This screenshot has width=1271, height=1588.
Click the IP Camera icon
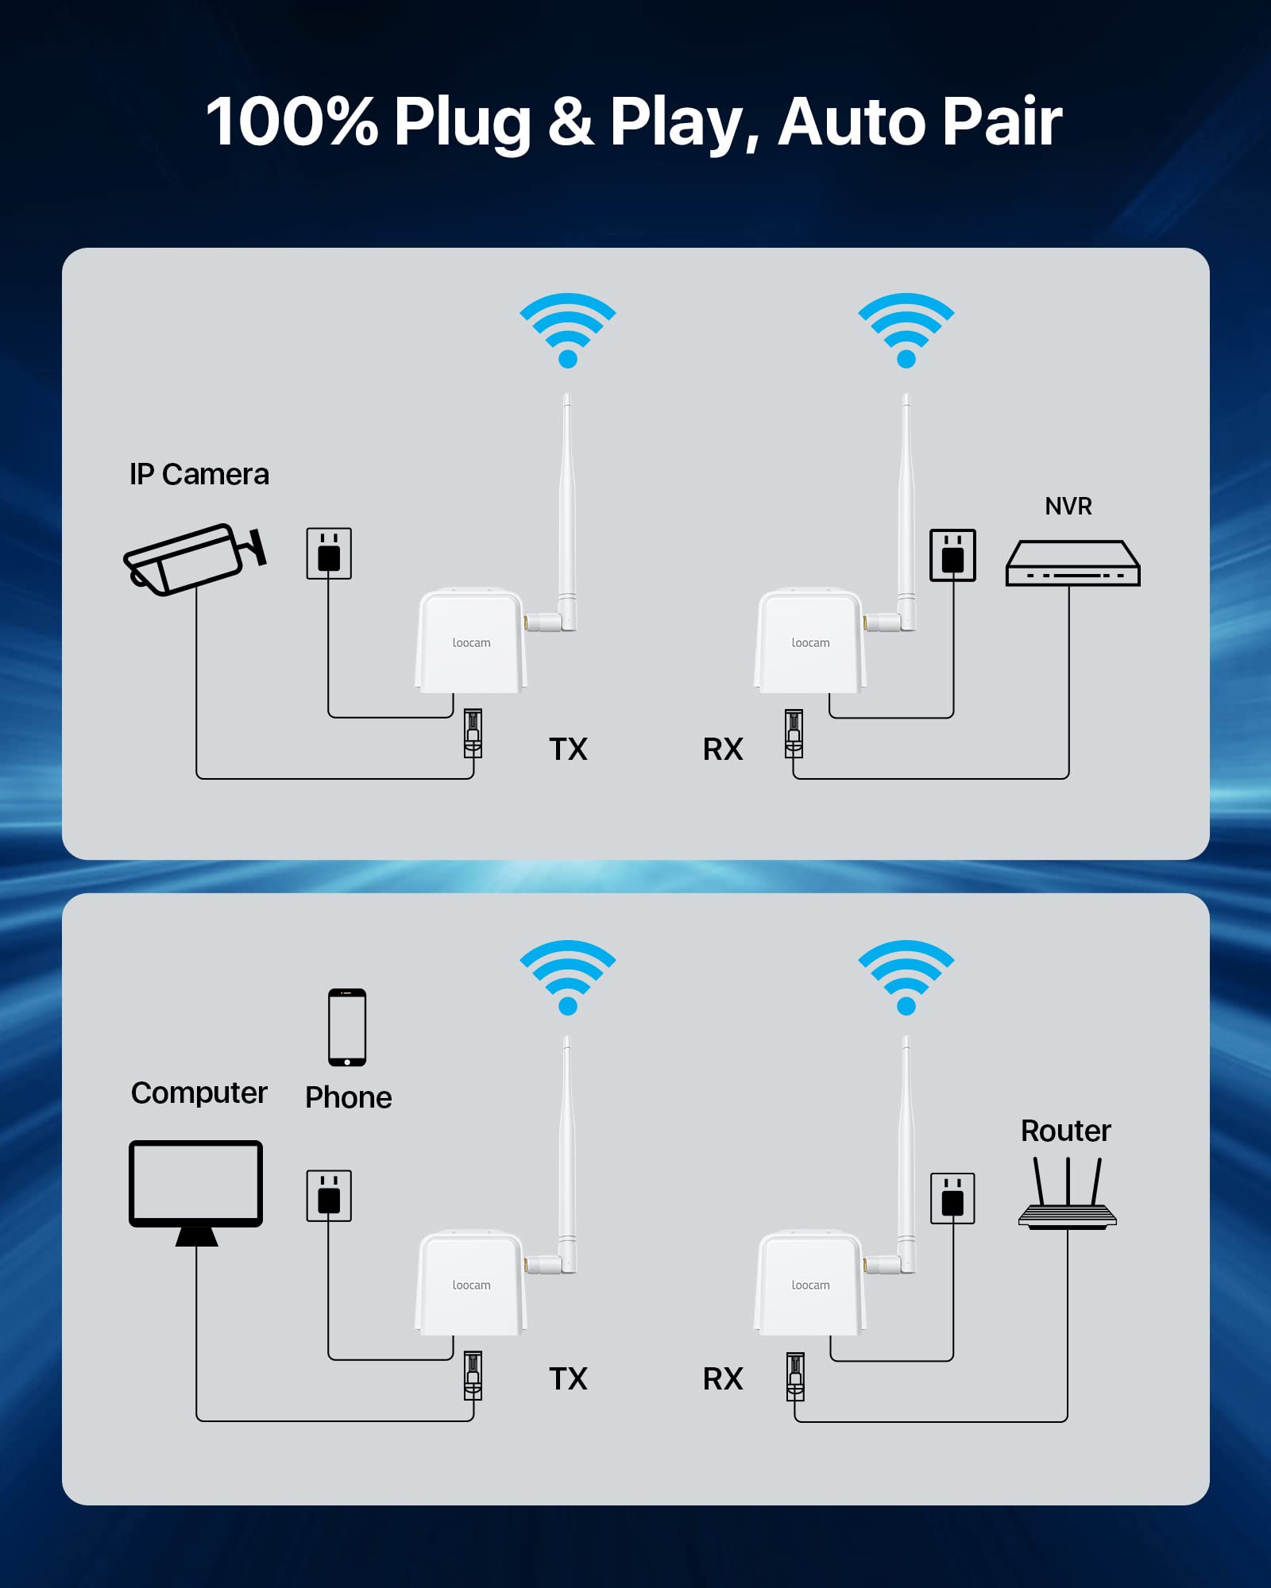[194, 559]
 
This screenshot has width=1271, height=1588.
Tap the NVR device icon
[1072, 564]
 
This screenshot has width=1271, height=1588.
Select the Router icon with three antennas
[1067, 1195]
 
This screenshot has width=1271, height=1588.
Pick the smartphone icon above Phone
[347, 1027]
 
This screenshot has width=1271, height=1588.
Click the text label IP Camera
[199, 475]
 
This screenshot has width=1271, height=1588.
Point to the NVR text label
[1068, 507]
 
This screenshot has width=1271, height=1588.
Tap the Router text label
[1065, 1131]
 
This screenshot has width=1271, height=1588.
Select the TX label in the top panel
[568, 750]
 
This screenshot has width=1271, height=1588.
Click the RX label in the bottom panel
[723, 1379]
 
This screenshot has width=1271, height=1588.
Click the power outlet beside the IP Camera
[329, 553]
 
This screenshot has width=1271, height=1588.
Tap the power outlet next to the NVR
[952, 556]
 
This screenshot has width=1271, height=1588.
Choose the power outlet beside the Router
[952, 1198]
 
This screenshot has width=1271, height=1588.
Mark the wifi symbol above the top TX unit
[568, 329]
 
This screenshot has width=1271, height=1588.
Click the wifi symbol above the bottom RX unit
[906, 976]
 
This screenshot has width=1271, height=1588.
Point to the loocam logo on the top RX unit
[810, 643]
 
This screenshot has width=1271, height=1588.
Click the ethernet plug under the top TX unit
[473, 733]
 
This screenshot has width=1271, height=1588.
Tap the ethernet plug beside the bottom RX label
[795, 1376]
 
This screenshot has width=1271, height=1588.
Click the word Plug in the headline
[462, 122]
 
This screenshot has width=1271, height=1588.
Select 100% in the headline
[292, 122]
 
